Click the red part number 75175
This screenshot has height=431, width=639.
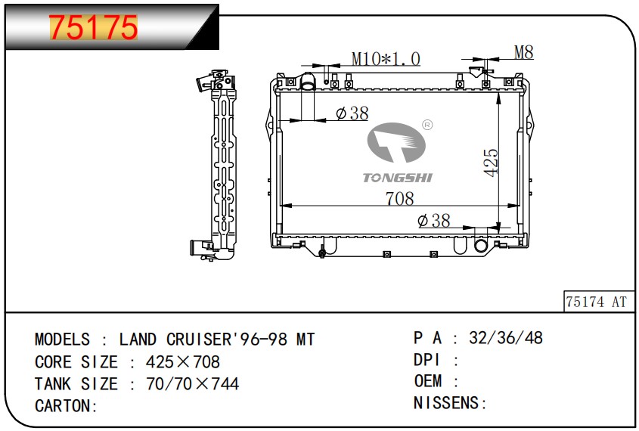[x=93, y=27]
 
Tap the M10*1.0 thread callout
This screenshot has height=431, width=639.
[x=386, y=59]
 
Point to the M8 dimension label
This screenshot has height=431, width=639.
[x=523, y=52]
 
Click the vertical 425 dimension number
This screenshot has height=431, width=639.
[x=491, y=163]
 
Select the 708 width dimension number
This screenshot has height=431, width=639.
[x=400, y=199]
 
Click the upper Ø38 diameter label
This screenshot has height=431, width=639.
[x=352, y=113]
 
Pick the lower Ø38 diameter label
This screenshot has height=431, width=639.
[x=434, y=221]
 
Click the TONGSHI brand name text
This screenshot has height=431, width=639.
[x=397, y=178]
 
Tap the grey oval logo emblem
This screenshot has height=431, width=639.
[x=396, y=143]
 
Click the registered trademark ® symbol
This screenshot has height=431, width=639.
[x=427, y=125]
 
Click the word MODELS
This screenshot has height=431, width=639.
[x=62, y=340]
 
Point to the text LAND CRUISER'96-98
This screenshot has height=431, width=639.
[x=203, y=340]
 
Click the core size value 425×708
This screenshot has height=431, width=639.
[x=183, y=361]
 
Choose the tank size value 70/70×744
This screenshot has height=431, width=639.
[x=192, y=384]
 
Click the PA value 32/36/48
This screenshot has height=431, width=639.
[x=506, y=338]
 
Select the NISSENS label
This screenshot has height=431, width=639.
[x=446, y=403]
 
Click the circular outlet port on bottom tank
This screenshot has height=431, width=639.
[x=481, y=246]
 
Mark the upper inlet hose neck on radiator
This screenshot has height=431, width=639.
[x=308, y=81]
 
